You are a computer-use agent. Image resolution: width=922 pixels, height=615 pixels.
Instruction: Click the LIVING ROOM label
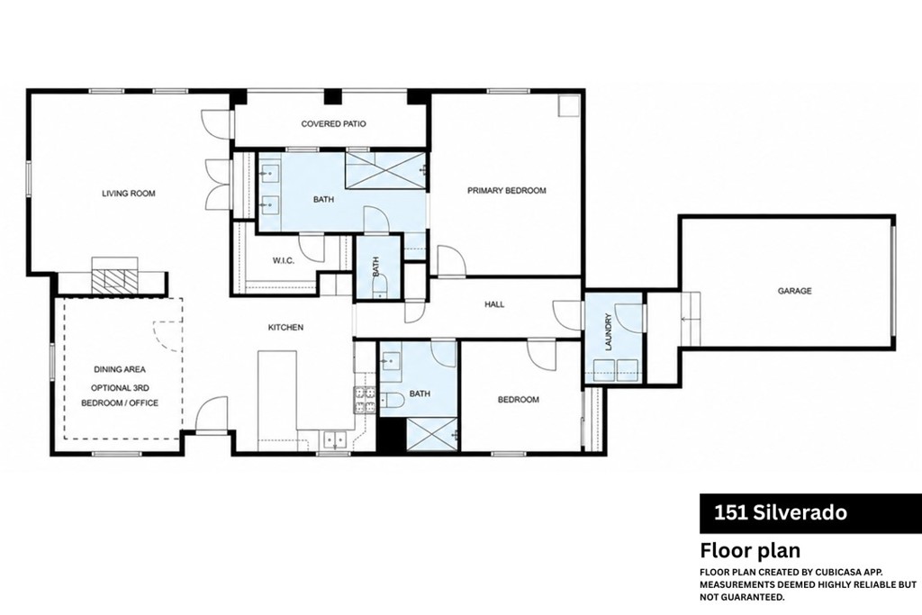[128, 194]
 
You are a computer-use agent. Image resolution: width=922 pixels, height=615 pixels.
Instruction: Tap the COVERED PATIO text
[333, 124]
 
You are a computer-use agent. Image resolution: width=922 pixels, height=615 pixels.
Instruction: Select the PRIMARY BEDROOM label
[506, 191]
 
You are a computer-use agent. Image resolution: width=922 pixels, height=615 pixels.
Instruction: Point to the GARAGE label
[794, 291]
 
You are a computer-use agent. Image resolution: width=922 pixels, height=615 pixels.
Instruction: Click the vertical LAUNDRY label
[609, 331]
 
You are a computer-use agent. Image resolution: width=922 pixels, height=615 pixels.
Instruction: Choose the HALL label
[494, 304]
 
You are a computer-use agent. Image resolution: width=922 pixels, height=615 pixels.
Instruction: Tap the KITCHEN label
[285, 328]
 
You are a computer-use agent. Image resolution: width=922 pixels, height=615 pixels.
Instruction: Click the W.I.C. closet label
[284, 261]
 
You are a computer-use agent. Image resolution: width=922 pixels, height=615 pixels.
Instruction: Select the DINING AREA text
[120, 370]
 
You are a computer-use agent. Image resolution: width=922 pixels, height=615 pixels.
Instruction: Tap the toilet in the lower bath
[391, 401]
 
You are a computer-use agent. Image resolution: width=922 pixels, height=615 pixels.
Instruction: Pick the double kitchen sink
[335, 439]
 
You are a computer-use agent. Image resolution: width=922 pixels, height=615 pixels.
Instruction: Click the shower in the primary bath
[385, 170]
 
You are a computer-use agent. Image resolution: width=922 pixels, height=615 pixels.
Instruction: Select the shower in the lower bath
[432, 435]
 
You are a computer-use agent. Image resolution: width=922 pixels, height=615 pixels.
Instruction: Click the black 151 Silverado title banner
[810, 513]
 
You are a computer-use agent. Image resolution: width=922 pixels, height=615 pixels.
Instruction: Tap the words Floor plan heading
[750, 551]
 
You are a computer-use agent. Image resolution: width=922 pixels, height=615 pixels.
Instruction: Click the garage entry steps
[691, 319]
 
